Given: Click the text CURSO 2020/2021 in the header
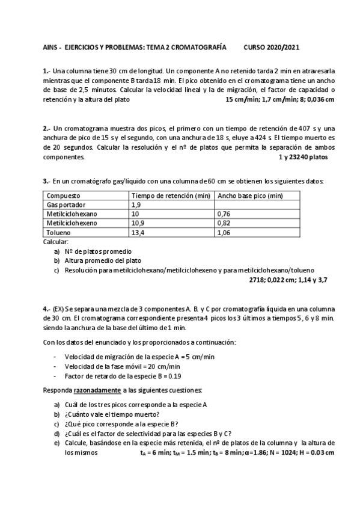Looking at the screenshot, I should click(x=272, y=46).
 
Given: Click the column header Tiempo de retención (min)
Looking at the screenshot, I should click(x=171, y=196).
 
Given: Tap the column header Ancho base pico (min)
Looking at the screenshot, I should click(x=250, y=196).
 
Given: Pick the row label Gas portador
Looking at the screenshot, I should click(x=64, y=205).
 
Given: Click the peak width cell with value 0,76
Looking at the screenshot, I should click(x=224, y=214).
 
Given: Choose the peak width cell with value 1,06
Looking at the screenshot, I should click(x=224, y=232).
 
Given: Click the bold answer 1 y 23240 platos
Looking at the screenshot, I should click(x=303, y=157).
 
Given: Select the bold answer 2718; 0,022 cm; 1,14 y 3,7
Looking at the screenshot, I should click(x=288, y=280).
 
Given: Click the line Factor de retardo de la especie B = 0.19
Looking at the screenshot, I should click(x=123, y=376).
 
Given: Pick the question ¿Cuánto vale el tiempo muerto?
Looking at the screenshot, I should click(x=112, y=414).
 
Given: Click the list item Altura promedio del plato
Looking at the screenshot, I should click(x=102, y=260).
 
